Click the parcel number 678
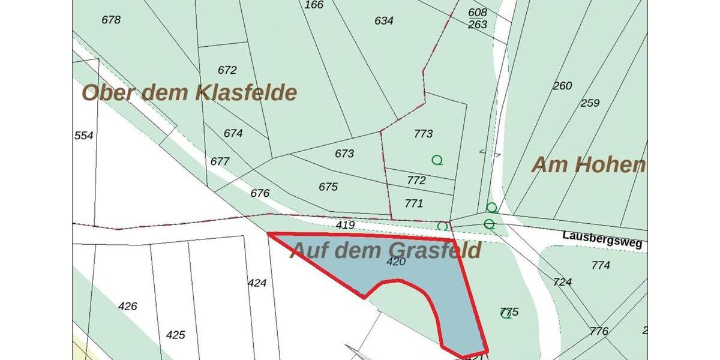pos(111,20)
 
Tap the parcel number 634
pos(384,21)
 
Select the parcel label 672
pos(227,70)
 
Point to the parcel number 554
pos(84,136)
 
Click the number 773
pos(423,133)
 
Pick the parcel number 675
pos(328,187)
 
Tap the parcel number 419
pos(346,226)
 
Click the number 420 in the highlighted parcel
pos(396,262)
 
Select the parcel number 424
pos(257,283)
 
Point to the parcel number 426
pos(128,306)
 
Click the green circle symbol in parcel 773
pos(437,160)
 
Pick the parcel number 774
pos(601,265)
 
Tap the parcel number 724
pos(562,282)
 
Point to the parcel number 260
pos(562,86)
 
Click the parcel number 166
pos(314,5)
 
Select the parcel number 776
pos(599,331)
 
